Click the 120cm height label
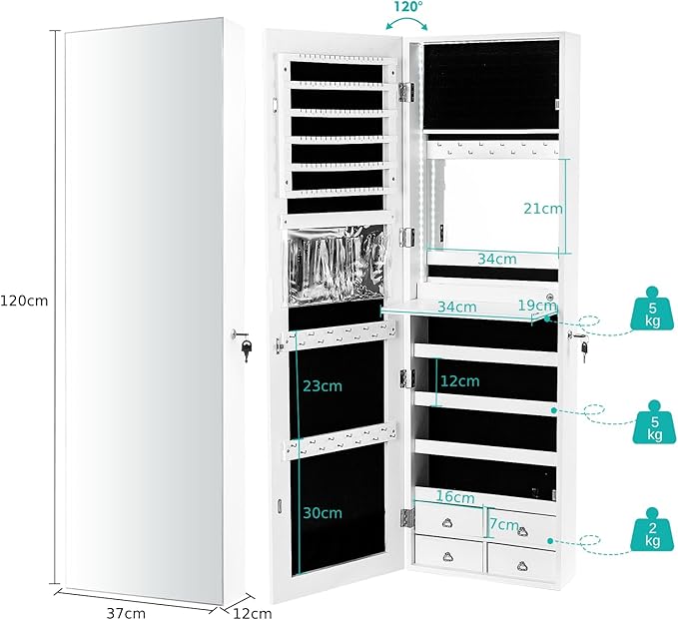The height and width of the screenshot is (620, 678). [x=24, y=301]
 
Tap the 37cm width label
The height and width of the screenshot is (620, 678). [x=126, y=613]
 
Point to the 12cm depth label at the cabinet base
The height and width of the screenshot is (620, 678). [x=253, y=613]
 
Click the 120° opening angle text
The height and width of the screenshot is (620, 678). [x=406, y=7]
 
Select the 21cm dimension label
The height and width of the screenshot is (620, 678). [x=543, y=209]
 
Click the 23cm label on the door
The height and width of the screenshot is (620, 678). [x=323, y=385]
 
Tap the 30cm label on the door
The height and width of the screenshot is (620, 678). [x=323, y=513]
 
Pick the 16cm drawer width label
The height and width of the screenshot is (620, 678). [x=454, y=497]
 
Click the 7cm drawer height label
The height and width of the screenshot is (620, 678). [x=503, y=524]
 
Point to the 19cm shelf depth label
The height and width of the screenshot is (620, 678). [x=537, y=306]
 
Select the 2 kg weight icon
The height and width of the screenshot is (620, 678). [x=652, y=529]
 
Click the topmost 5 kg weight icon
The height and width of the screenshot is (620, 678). [x=652, y=309]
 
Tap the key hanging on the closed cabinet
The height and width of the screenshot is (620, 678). [x=247, y=349]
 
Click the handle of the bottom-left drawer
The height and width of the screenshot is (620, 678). [x=448, y=557]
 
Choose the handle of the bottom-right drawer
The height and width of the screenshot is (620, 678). [x=522, y=565]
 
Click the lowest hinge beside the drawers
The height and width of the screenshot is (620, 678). [x=407, y=518]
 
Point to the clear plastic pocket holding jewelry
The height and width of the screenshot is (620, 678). [x=336, y=265]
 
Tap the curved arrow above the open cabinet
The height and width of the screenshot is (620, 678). [x=406, y=22]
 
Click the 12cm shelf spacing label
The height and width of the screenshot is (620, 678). [x=459, y=381]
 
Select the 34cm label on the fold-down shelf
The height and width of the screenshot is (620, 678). [x=457, y=307]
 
